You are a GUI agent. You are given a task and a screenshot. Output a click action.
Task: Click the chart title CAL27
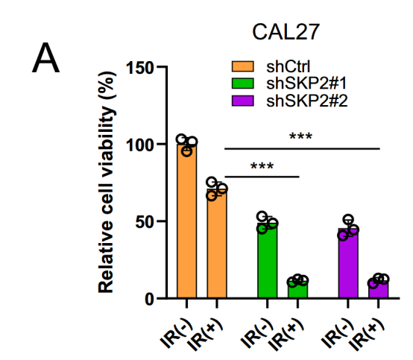[286, 32]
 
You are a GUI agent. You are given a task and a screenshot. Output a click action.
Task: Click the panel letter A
[45, 57]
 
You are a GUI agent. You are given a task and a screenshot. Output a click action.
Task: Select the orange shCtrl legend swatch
[242, 66]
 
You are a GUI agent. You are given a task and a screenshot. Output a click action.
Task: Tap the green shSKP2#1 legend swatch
[242, 83]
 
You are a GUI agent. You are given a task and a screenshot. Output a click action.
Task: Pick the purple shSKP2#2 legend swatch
[242, 101]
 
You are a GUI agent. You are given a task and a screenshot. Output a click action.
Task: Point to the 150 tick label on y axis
[139, 68]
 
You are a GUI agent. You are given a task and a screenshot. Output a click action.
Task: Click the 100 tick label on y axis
[139, 145]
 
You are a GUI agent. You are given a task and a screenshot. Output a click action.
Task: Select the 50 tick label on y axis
[145, 222]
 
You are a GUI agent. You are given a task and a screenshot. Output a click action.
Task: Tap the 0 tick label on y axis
[149, 299]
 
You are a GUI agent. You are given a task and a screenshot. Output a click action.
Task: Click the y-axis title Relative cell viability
[106, 182]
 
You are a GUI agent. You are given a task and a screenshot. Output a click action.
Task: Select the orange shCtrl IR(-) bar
[187, 221]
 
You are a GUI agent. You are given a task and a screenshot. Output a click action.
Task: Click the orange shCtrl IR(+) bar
[217, 244]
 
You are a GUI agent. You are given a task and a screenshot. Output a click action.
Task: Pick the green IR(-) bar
[268, 261]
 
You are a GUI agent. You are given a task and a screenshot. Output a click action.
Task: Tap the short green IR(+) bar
[297, 290]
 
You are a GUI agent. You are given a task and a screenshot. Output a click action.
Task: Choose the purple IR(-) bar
[348, 263]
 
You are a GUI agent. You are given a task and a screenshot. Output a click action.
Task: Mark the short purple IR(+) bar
[378, 290]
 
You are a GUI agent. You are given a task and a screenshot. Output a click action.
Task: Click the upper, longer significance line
[302, 149]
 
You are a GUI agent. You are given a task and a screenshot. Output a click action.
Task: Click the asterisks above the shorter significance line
[262, 165]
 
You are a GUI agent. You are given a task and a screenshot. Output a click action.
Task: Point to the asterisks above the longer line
[300, 136]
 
